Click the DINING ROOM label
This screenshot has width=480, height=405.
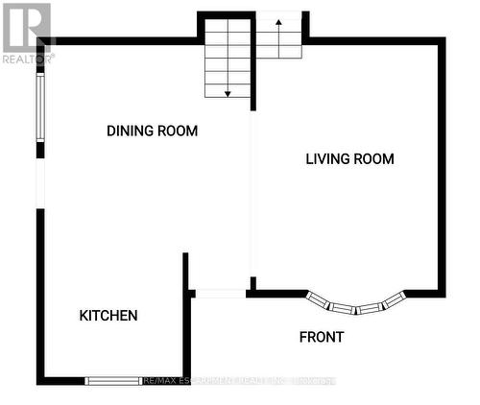tap(152, 131)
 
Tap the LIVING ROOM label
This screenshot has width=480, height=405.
tap(349, 159)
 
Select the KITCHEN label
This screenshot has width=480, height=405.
tap(108, 315)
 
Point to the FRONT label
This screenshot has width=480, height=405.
tap(321, 337)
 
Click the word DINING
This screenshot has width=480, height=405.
tap(129, 131)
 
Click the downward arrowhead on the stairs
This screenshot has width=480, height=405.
tap(228, 93)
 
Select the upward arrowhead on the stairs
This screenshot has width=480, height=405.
tap(278, 26)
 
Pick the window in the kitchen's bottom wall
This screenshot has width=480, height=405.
tap(114, 381)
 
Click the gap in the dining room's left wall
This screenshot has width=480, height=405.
tap(40, 182)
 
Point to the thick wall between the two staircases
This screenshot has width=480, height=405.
tap(253, 58)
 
